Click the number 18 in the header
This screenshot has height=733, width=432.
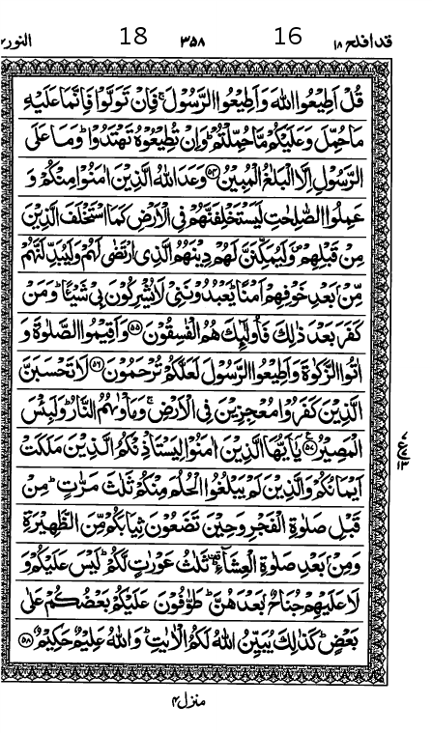[x=131, y=38]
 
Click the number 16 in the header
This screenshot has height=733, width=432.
[x=288, y=38]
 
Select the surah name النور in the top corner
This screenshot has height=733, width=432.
[x=16, y=41]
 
